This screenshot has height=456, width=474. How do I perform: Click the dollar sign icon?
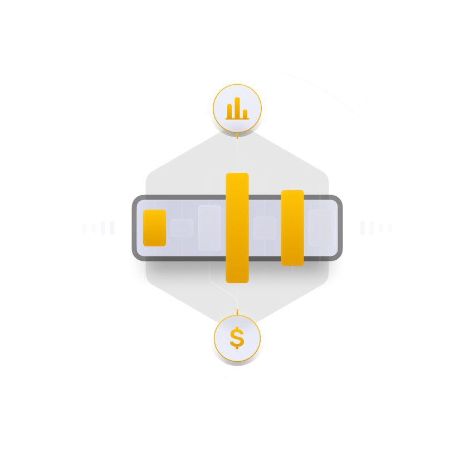pyautogui.click(x=237, y=338)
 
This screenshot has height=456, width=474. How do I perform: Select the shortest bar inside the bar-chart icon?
pyautogui.click(x=245, y=114)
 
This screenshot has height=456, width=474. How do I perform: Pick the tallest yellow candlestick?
pyautogui.click(x=237, y=227)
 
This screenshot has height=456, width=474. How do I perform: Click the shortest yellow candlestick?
pyautogui.click(x=154, y=227)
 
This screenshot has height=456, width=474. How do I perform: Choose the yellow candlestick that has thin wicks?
pyautogui.click(x=292, y=227)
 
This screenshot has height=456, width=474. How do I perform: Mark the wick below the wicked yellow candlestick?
pyautogui.click(x=292, y=269)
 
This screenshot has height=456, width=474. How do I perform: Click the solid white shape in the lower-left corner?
pyautogui.click(x=139, y=368)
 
